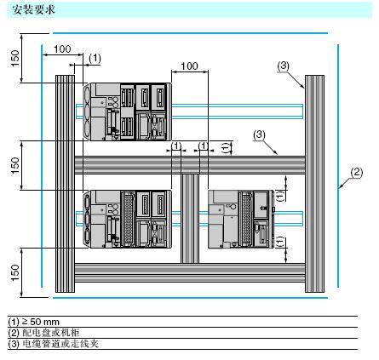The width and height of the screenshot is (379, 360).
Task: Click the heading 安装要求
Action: coord(33,10)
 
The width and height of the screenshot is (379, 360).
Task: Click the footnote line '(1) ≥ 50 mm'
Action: coord(34,322)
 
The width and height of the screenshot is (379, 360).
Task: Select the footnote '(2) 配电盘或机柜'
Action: coord(44,333)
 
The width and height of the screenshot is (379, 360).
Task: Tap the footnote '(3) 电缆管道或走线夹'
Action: coord(54,344)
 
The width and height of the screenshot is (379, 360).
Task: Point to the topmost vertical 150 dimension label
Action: coord(15,58)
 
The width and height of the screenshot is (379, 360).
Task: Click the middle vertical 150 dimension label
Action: coord(15,166)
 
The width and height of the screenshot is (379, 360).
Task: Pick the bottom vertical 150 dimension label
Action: coord(15,273)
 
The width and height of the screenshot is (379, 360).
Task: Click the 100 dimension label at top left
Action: coord(62,49)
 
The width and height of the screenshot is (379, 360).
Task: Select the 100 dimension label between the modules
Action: coord(189,66)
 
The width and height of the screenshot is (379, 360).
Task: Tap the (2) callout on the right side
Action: coord(357,173)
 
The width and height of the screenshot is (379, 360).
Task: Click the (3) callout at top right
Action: coord(283,66)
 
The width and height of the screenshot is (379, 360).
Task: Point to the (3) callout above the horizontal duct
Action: coord(259,134)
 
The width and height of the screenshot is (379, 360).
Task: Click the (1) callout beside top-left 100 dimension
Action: coord(95,58)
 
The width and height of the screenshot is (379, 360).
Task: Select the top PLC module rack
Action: coord(127,111)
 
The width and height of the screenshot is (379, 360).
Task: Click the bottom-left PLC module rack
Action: coord(127,220)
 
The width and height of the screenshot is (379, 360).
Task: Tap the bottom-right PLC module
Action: coord(241,220)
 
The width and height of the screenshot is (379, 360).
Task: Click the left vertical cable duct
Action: coord(65,184)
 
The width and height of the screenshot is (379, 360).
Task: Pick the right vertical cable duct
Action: coord(314,184)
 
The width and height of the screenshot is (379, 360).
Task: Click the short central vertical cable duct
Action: coord(190,219)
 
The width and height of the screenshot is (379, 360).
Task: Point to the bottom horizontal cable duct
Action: coord(190,272)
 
